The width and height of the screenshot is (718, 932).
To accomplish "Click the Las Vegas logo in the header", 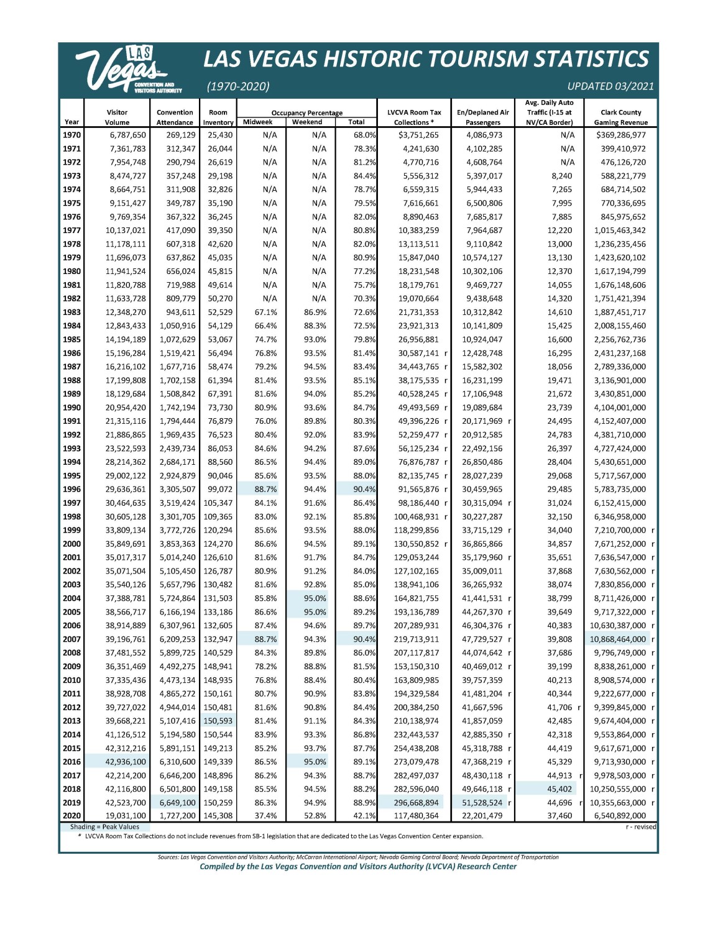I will [x=127, y=70].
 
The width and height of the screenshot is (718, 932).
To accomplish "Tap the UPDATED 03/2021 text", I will [x=610, y=86].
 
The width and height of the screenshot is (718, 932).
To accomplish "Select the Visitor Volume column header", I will [x=117, y=117].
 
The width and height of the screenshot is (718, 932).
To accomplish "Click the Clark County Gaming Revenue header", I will [x=620, y=117].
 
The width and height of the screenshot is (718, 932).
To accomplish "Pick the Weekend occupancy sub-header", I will [x=307, y=122].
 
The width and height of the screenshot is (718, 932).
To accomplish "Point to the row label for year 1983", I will [x=71, y=312].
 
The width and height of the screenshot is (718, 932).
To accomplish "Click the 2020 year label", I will [x=71, y=816].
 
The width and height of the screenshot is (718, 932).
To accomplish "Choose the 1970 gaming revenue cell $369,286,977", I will [x=620, y=135].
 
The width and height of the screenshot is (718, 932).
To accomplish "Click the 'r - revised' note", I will [x=640, y=827].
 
